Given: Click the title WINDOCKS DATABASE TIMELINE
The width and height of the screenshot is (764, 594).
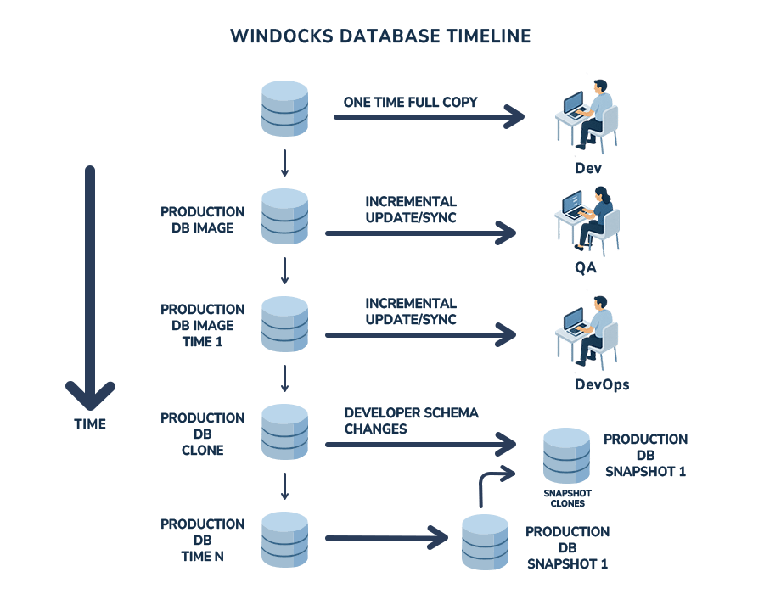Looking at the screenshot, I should (x=380, y=36).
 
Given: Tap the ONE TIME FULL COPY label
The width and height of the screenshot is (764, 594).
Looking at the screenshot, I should (x=410, y=102).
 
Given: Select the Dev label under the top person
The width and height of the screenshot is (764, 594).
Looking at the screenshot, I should (x=587, y=167).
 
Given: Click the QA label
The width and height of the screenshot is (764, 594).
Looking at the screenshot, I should (x=585, y=268).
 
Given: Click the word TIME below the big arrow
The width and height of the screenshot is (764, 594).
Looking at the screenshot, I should (x=90, y=423).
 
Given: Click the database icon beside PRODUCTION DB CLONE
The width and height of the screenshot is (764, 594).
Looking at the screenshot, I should (x=284, y=433).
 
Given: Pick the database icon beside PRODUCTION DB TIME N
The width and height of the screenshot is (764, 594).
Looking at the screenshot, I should (x=284, y=539).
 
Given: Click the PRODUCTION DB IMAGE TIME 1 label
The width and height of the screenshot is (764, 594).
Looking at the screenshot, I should (x=202, y=326).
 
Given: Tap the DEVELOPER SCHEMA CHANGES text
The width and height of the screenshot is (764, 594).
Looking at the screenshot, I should (x=411, y=421).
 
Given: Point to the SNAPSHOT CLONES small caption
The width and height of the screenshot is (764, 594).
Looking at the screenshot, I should (x=567, y=497).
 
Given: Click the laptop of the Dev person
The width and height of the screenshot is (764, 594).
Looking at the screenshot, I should (x=575, y=106).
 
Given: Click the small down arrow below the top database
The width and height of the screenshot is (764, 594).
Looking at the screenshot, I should (x=284, y=161).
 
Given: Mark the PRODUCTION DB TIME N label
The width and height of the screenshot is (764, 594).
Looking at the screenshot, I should (x=202, y=540).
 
